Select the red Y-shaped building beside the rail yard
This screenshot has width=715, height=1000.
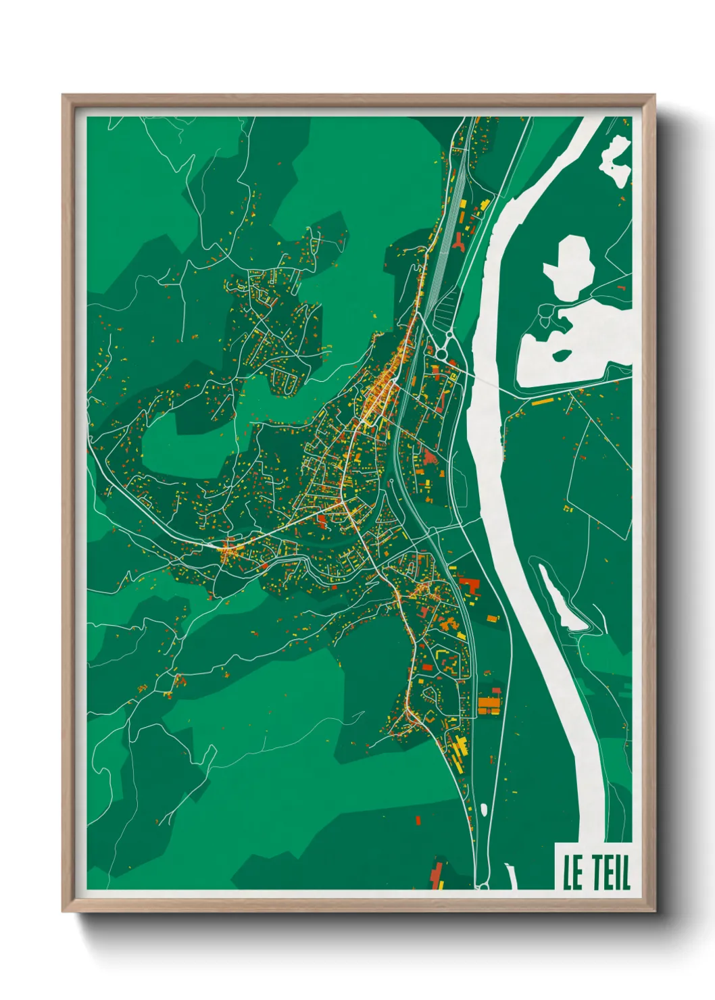[x=460, y=241]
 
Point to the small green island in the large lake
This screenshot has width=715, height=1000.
[x=560, y=354]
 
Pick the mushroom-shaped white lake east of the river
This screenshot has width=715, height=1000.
[x=571, y=264]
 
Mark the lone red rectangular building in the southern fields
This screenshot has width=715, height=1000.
[x=417, y=820]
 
